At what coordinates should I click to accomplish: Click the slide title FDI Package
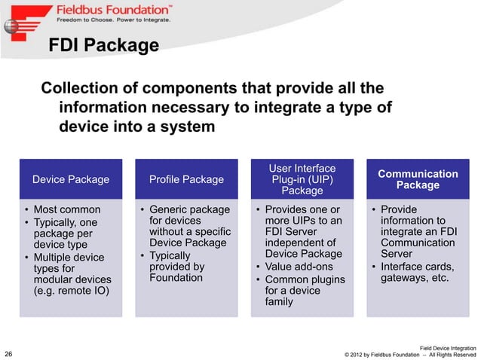(103, 46)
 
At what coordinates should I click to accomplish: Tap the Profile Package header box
(186, 179)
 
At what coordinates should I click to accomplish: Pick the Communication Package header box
(417, 179)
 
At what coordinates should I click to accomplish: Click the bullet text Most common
(66, 209)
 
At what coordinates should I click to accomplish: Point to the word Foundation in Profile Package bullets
(176, 277)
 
